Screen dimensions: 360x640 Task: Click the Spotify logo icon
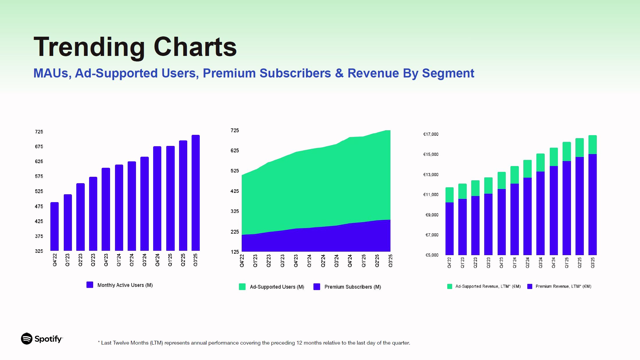(x=27, y=338)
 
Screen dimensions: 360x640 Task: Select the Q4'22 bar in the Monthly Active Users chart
(x=54, y=226)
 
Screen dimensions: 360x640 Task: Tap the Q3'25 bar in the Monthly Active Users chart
(x=196, y=193)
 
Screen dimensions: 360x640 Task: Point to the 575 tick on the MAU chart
(x=39, y=176)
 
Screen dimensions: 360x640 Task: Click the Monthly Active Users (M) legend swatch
(x=90, y=285)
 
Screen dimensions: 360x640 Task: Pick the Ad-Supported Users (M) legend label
(x=277, y=287)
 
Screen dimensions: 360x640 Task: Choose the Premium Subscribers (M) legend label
(x=353, y=287)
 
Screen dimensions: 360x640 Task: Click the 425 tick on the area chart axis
(x=235, y=191)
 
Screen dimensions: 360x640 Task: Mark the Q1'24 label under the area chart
(x=309, y=260)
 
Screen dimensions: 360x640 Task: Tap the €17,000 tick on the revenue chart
(x=431, y=134)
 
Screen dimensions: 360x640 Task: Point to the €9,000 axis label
(x=432, y=215)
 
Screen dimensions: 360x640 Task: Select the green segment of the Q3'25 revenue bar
(x=593, y=144)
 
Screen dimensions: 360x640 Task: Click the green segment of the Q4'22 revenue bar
(x=450, y=195)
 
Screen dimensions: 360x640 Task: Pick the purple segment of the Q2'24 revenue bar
(x=527, y=216)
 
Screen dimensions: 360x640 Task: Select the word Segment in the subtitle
(x=448, y=73)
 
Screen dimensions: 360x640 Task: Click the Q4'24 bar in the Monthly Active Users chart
(x=157, y=198)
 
